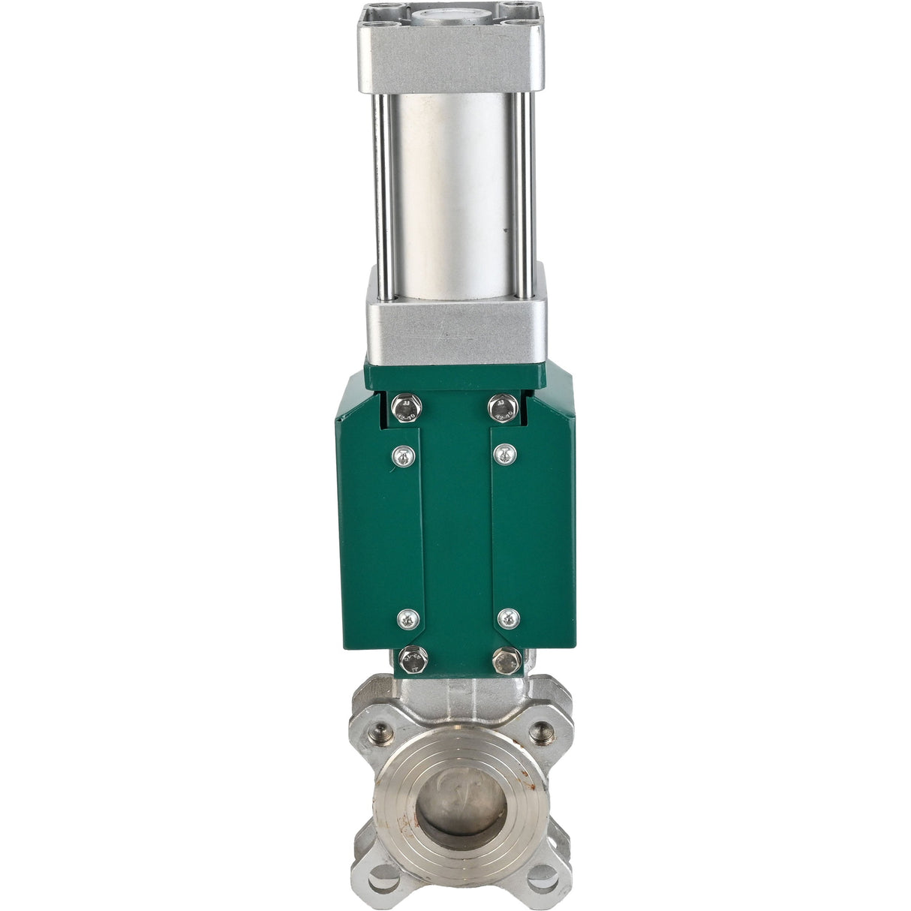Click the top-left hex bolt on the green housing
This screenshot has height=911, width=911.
click(407, 407)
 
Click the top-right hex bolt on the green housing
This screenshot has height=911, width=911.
click(502, 408)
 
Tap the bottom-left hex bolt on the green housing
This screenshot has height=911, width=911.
click(412, 660)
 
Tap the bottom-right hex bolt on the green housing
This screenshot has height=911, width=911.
click(507, 660)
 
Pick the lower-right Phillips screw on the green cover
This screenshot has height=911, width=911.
click(509, 618)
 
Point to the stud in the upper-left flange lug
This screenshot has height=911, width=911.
click(383, 729)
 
